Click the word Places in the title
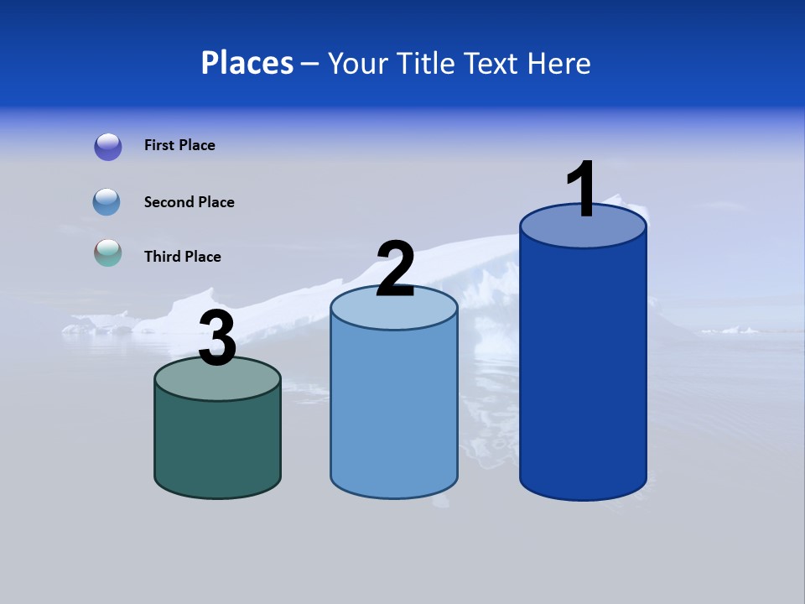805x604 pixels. click(247, 63)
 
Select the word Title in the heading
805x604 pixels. click(426, 63)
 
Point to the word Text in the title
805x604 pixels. click(493, 63)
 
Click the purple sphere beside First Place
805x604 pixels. click(108, 146)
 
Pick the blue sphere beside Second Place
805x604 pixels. click(107, 202)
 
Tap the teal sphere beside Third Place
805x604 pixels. click(108, 253)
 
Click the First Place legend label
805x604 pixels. click(179, 145)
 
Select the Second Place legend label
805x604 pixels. click(189, 202)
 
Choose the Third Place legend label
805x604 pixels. click(182, 257)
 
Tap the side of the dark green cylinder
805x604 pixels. click(217, 445)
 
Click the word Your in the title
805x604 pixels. click(358, 63)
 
